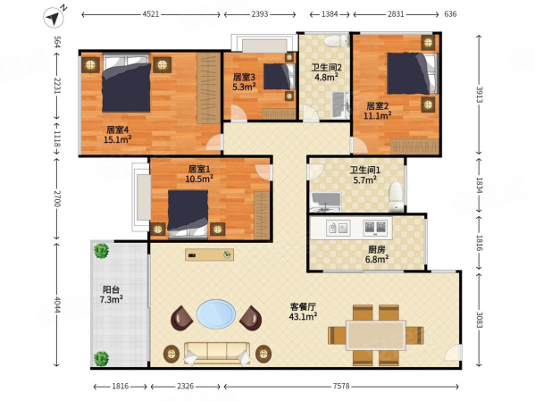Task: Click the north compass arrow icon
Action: pos(54,17)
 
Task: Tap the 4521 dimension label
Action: pos(150,14)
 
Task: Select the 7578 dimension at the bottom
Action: pos(341,386)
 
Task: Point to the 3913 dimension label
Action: pos(480,95)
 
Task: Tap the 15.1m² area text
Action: pos(117,139)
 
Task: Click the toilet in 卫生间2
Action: pos(337,42)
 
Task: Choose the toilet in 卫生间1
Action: pos(396,196)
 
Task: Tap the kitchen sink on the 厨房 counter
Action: pos(338,228)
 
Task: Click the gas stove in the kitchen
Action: pos(375,228)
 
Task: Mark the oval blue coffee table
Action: pos(216,314)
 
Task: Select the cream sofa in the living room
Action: pos(217,354)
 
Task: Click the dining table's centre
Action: pos(376,335)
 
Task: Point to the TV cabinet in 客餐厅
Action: pos(210,255)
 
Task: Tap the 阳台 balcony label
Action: pos(112,289)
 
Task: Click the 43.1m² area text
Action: pos(303,317)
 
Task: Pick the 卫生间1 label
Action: pos(365,170)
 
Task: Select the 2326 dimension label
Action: pos(185,386)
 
